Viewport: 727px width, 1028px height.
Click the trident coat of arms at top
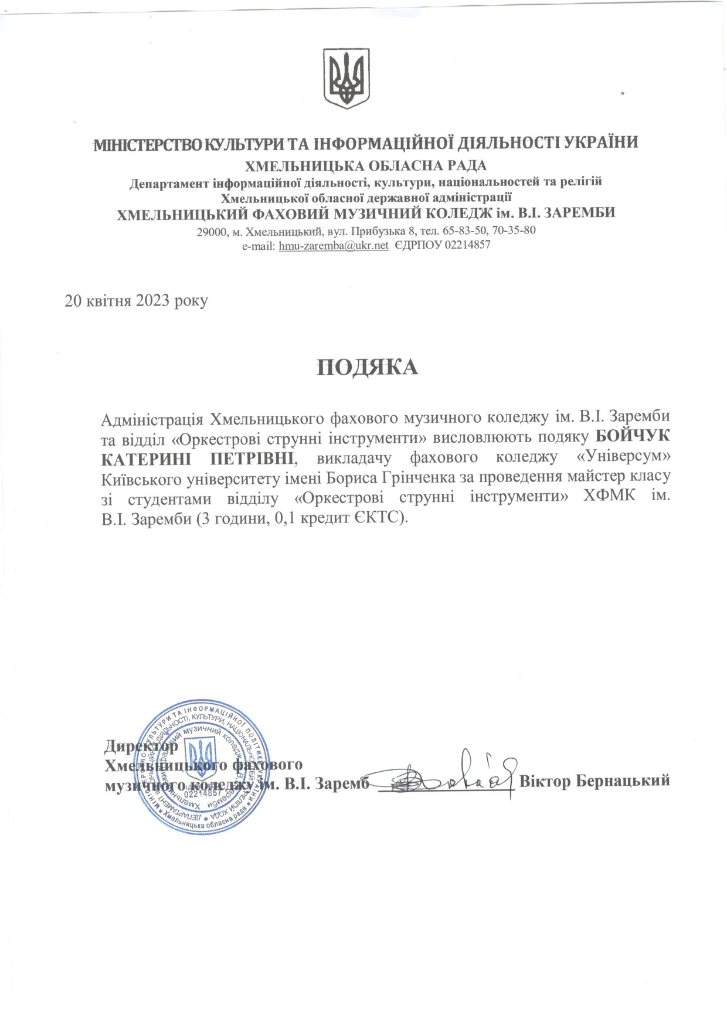[348, 79]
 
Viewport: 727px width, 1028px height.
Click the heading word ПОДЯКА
[368, 367]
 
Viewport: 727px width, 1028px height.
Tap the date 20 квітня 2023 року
[136, 301]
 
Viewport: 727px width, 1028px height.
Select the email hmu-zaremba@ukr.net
[334, 246]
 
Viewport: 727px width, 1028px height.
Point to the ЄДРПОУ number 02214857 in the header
[467, 246]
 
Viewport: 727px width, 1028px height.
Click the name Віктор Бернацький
[594, 781]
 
